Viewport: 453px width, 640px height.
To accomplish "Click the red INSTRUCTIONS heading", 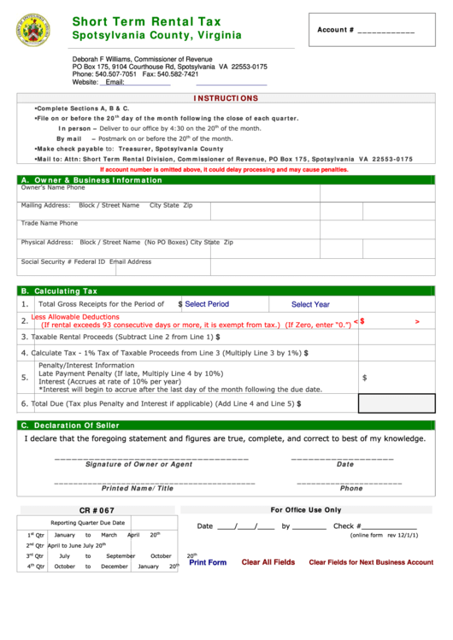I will (226, 98).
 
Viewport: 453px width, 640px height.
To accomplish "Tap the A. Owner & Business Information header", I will (91, 180).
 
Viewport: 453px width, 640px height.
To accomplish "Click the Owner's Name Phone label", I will (53, 188).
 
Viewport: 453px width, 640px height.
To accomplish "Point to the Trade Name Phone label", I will (50, 223).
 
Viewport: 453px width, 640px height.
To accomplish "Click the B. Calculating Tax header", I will (59, 291).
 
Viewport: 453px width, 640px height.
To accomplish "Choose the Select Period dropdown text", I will (207, 304).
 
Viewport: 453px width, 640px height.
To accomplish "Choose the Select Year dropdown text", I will (310, 304).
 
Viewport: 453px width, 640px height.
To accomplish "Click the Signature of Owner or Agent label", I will (138, 465).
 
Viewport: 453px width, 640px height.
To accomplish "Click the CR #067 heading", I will (97, 510).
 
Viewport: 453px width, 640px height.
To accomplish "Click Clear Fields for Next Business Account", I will (371, 562).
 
